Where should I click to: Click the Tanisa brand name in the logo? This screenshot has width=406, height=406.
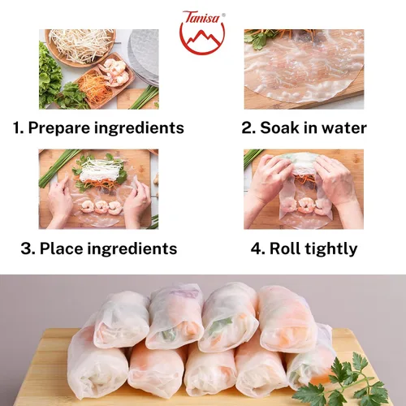pos(202,18)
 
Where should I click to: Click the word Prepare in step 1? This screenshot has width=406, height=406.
pos(58,128)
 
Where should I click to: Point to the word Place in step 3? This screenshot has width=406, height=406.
pos(62,248)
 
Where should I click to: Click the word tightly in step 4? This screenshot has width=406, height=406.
pos(331,248)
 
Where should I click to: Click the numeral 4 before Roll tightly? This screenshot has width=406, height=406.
pos(255,248)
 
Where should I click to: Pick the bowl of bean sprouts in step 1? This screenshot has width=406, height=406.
pos(81,46)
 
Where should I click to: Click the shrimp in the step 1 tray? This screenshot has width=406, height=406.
pos(115,71)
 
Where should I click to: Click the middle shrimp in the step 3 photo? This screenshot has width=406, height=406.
pos(101,207)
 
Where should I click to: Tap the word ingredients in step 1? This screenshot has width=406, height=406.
pos(139,128)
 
